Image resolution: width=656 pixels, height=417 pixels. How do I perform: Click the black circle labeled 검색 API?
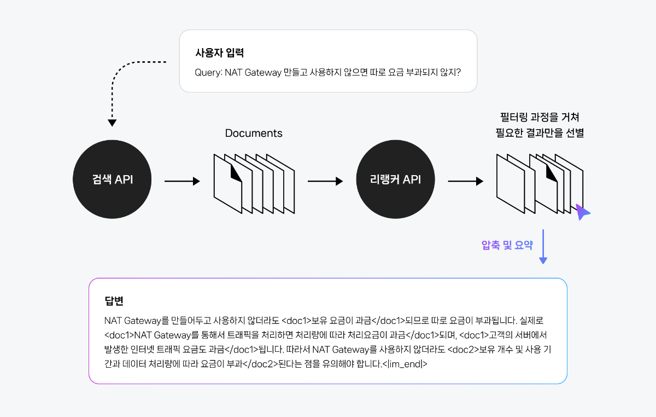(112, 179)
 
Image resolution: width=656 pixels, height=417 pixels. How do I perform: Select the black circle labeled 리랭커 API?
(395, 179)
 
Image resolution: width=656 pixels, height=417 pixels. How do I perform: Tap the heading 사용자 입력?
(220, 53)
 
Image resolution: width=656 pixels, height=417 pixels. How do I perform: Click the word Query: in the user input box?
(208, 72)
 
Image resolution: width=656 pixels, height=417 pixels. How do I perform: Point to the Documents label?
(254, 133)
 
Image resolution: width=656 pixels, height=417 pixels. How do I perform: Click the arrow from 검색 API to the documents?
(182, 181)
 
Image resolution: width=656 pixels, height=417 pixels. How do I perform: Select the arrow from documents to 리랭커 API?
(325, 181)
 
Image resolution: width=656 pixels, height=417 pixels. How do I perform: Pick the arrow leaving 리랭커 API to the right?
(466, 181)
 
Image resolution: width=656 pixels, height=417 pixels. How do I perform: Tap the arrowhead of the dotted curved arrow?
(112, 123)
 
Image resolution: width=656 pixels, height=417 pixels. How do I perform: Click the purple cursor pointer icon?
(582, 212)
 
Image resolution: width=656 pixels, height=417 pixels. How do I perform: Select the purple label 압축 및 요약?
(507, 245)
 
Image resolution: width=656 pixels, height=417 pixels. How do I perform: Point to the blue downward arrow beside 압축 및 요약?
(543, 247)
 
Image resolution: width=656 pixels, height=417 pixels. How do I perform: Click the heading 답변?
(114, 301)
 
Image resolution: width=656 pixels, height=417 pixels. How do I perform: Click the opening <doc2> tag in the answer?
(464, 350)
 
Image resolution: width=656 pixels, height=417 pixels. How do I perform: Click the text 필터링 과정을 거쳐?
(540, 117)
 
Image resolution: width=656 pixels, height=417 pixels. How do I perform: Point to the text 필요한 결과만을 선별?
(540, 133)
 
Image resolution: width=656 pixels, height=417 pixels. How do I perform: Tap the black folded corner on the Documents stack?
(236, 173)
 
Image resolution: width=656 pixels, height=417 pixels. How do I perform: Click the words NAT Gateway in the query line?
(253, 72)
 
